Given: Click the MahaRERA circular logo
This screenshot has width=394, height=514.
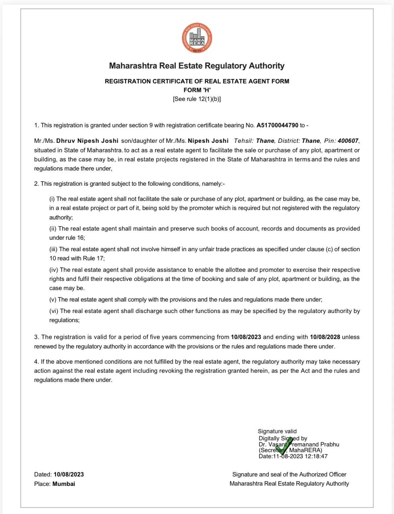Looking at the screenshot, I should pyautogui.click(x=197, y=39).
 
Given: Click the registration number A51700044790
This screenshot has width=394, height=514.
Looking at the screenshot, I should pyautogui.click(x=277, y=125).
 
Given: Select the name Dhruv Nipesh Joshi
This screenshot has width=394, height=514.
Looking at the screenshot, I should pyautogui.click(x=87, y=141).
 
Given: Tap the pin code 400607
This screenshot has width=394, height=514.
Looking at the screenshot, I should pyautogui.click(x=348, y=141).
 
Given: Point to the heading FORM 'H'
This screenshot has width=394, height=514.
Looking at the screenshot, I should pyautogui.click(x=197, y=90).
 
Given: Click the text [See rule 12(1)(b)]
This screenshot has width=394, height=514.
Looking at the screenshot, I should pyautogui.click(x=197, y=99).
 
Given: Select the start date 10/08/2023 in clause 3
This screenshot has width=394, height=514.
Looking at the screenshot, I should pyautogui.click(x=246, y=337).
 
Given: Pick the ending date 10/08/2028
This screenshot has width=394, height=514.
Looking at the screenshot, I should pyautogui.click(x=325, y=337).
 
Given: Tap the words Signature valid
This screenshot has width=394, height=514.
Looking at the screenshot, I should pyautogui.click(x=277, y=431).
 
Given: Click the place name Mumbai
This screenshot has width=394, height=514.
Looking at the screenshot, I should pyautogui.click(x=64, y=484).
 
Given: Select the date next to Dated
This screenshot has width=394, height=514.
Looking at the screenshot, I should pyautogui.click(x=68, y=474).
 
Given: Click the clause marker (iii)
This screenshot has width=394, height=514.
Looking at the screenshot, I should pyautogui.click(x=54, y=249).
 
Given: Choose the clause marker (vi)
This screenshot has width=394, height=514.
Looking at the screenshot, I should pyautogui.click(x=54, y=311).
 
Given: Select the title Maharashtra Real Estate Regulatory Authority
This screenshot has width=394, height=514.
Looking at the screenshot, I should pyautogui.click(x=197, y=66).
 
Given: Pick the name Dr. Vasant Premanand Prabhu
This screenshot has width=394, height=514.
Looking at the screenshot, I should pyautogui.click(x=299, y=444).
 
